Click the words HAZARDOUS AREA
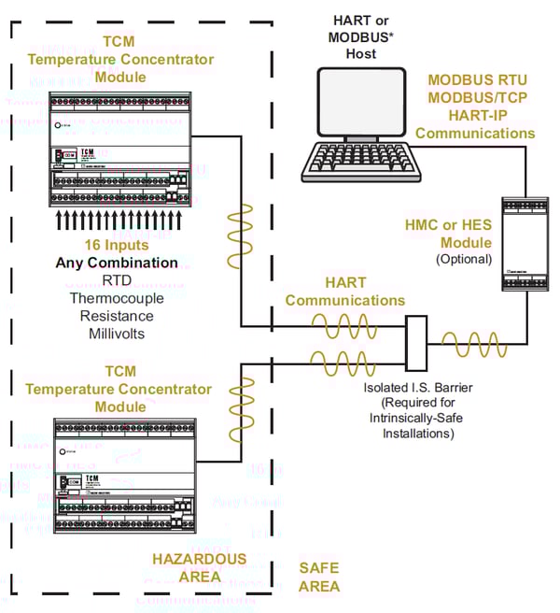point(200,567)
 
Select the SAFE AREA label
point(319,577)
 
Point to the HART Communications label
point(345,291)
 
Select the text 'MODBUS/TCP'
point(475,100)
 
